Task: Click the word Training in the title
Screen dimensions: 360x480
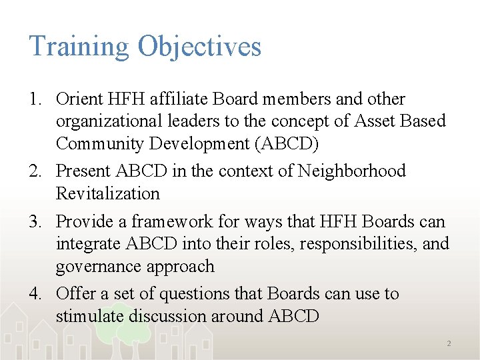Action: [79, 47]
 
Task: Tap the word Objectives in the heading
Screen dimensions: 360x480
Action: [199, 47]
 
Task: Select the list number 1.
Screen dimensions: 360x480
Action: [36, 100]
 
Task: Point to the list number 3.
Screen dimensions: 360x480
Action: [36, 222]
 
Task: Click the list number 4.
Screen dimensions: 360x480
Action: [36, 294]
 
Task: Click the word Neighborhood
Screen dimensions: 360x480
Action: [351, 171]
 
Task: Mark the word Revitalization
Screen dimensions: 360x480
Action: [108, 194]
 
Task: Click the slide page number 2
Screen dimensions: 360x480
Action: [449, 343]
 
